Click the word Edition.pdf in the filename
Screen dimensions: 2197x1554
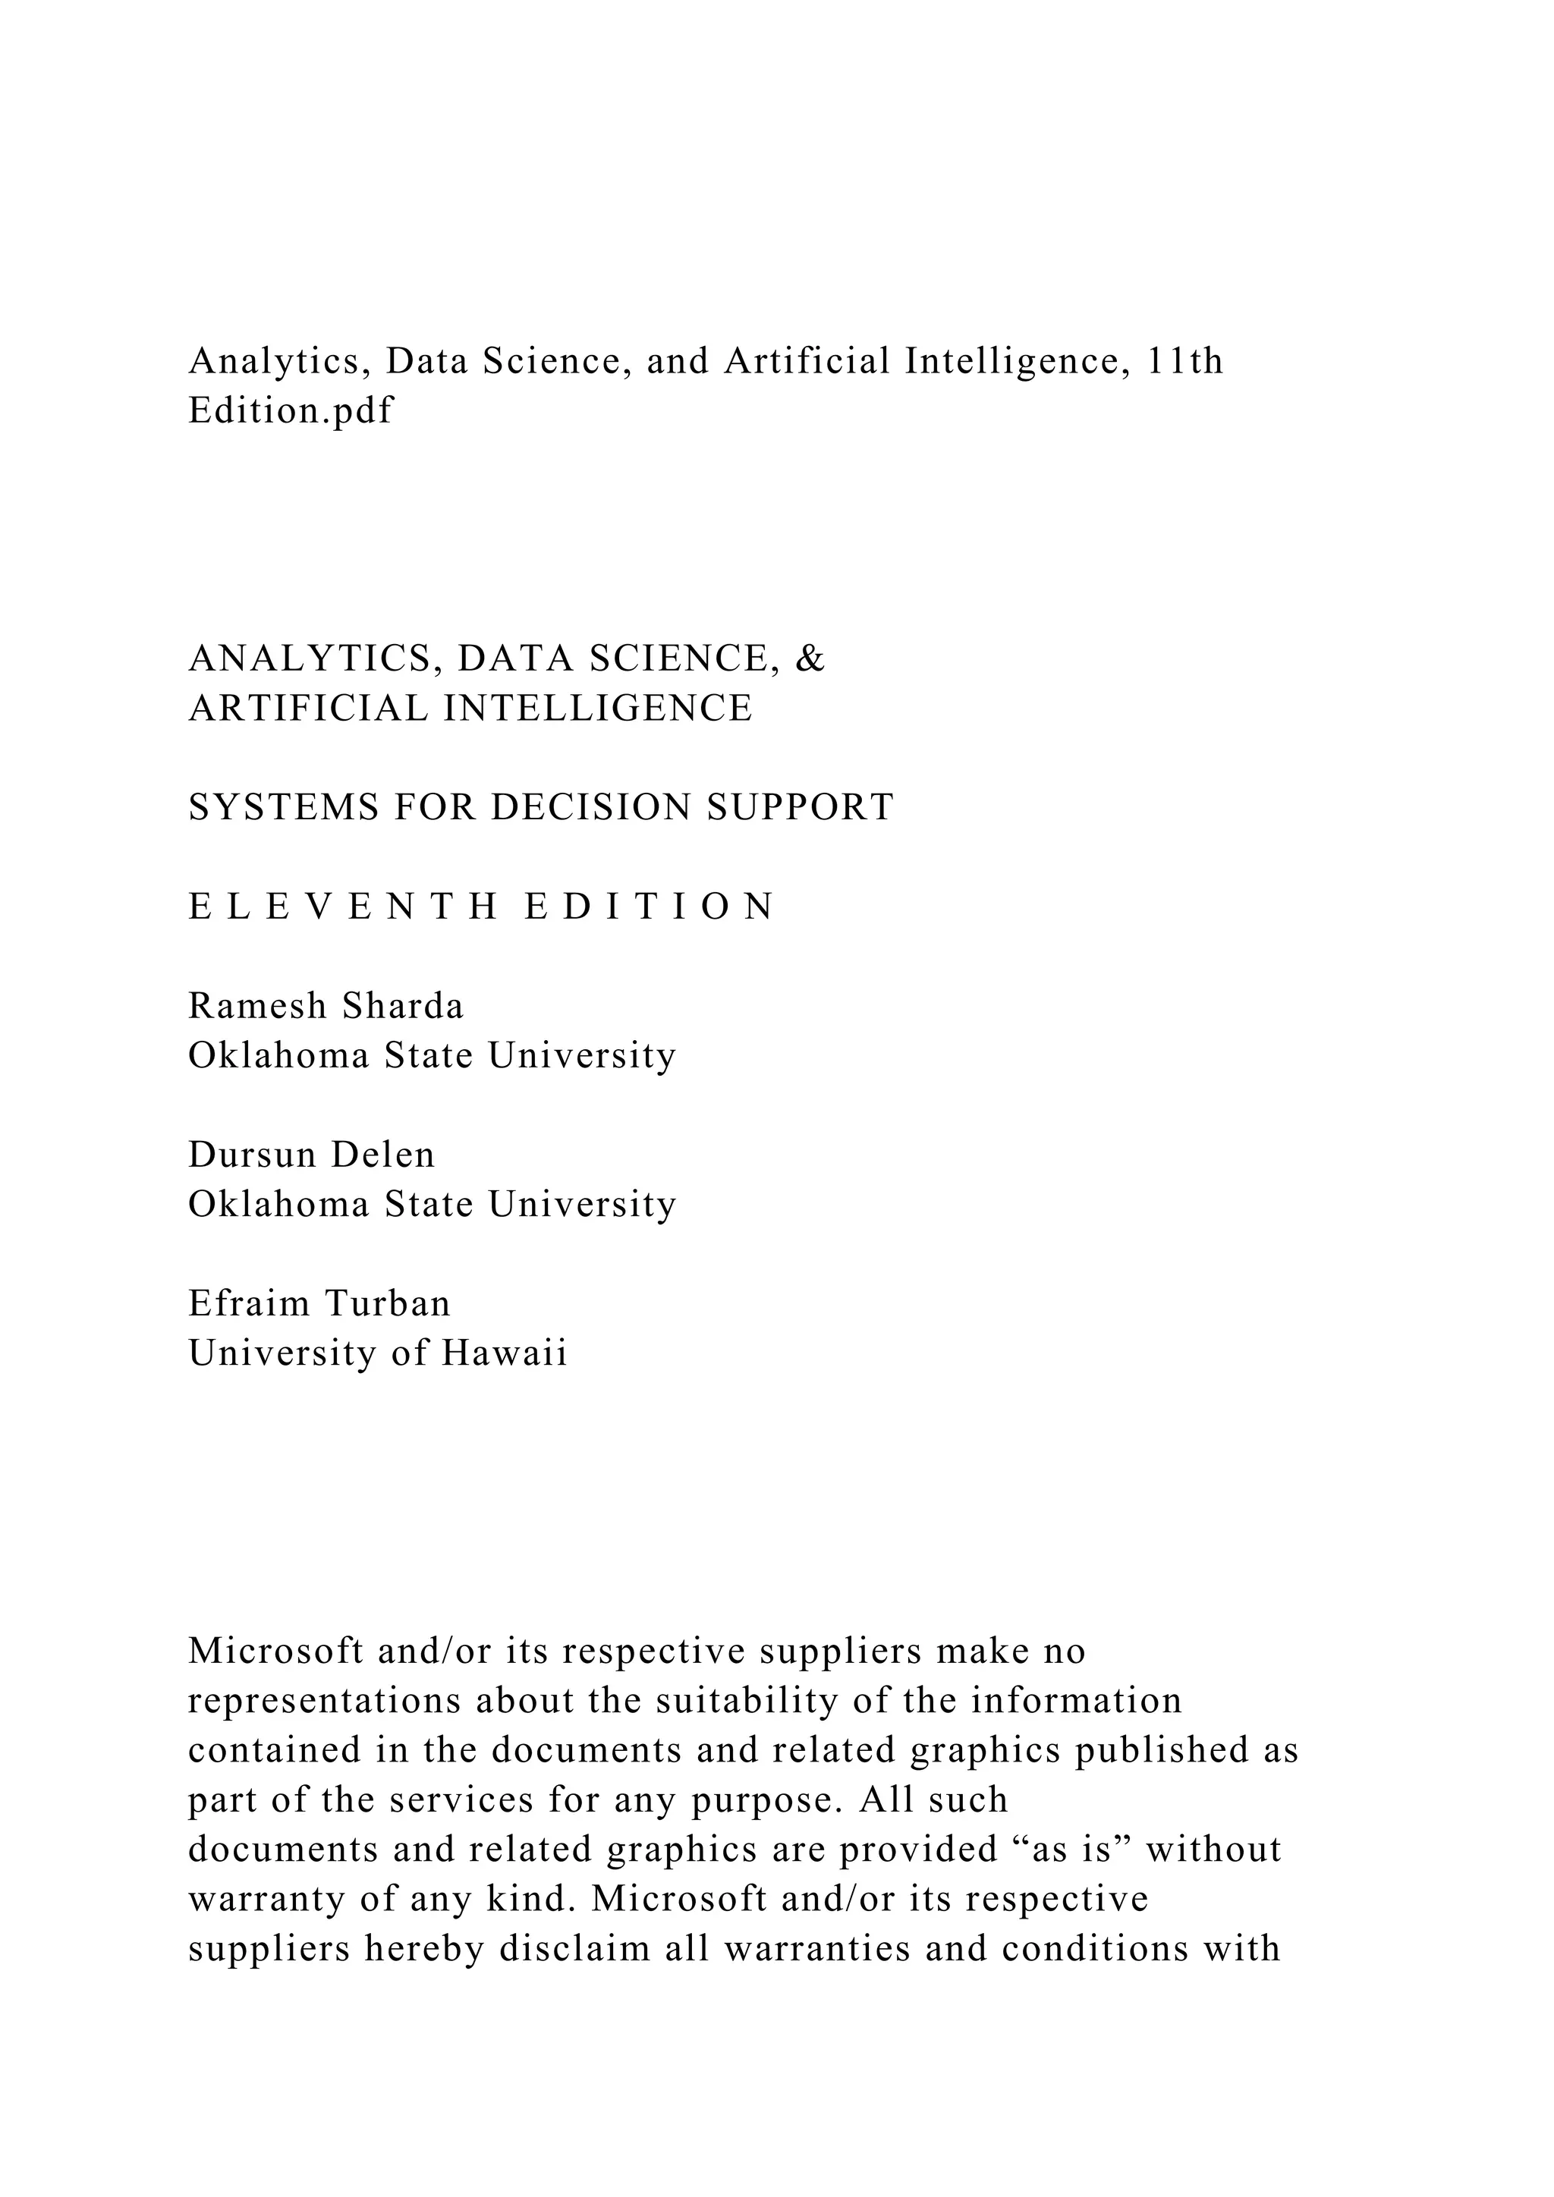pos(290,410)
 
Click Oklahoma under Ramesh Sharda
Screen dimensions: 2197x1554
pos(278,1055)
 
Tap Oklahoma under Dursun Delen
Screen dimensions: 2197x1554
pos(278,1204)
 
